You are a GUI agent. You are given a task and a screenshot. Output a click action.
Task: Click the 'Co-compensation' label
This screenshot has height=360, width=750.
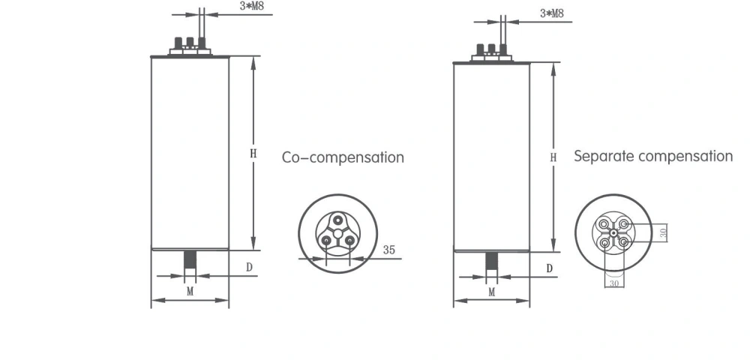[x=343, y=157]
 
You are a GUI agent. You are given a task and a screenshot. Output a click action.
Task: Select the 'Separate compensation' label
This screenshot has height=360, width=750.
[x=652, y=156]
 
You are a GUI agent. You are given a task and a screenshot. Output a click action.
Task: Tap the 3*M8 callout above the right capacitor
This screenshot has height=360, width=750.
[x=551, y=13]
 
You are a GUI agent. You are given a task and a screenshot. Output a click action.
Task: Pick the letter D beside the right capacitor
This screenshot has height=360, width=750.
[x=549, y=268]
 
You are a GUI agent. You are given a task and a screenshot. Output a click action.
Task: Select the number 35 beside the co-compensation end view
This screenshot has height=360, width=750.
[x=388, y=250]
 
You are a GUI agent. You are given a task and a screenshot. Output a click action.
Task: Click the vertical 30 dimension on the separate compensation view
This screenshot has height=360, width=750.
[x=662, y=233]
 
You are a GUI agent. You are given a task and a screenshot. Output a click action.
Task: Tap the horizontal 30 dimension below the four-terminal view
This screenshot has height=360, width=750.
[x=614, y=283]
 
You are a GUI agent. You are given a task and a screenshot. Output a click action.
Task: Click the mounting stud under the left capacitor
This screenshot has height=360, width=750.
[x=190, y=260]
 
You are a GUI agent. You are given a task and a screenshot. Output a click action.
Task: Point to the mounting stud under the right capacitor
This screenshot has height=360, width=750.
[x=491, y=262]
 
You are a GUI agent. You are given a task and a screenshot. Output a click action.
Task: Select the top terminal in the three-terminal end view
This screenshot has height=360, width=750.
[x=339, y=220]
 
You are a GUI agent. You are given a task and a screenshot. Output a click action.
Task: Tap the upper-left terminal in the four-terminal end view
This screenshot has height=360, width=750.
[x=604, y=224]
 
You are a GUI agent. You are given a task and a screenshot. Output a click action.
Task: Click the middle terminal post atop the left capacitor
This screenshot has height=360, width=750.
[x=190, y=42]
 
